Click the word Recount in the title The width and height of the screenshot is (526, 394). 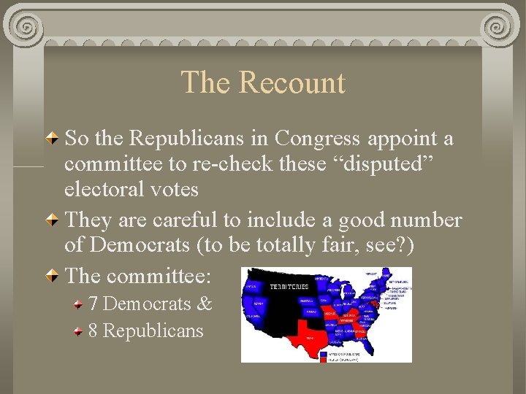click(292, 82)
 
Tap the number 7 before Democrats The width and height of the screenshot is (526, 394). click(94, 304)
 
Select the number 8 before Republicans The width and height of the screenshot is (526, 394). click(94, 331)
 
